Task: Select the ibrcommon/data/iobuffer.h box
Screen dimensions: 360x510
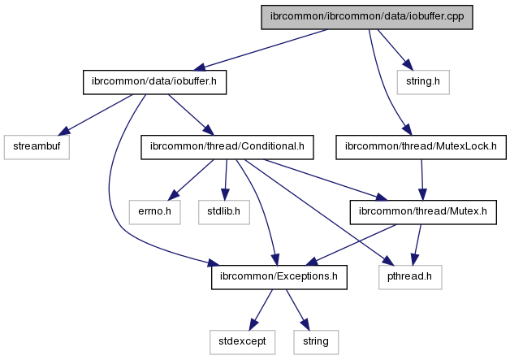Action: [154, 82]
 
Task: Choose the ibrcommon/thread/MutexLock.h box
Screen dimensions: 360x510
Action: [421, 147]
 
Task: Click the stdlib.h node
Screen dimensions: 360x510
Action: [222, 212]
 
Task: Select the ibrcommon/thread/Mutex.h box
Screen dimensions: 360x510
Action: [422, 212]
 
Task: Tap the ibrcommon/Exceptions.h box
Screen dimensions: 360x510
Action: [279, 277]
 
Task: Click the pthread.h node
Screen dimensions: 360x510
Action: [408, 277]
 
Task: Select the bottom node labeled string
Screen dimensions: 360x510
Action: [316, 341]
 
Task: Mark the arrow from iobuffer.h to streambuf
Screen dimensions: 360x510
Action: [95, 114]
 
